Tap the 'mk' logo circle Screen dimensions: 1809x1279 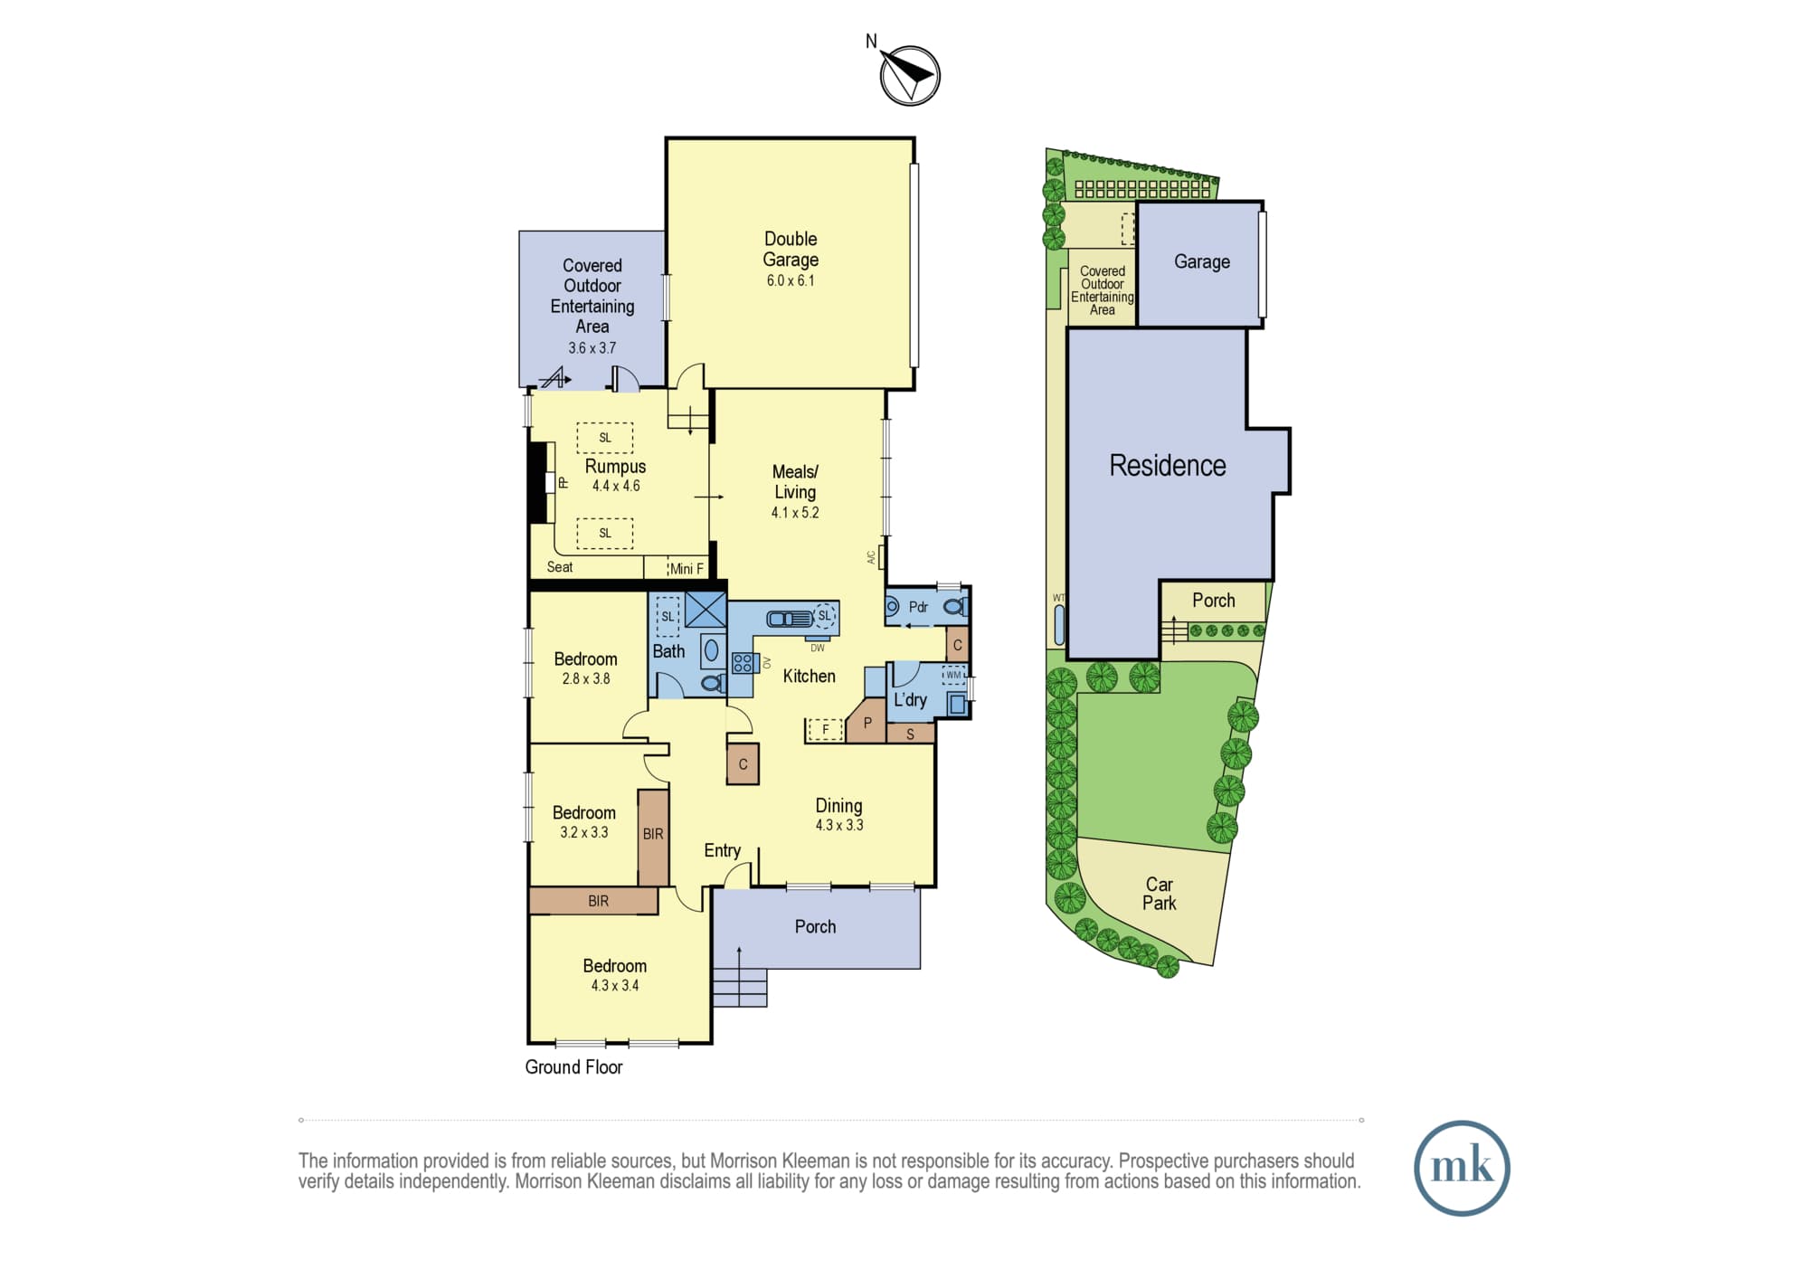pos(1462,1168)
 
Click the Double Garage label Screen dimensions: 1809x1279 pos(791,249)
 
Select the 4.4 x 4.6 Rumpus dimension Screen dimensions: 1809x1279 pos(616,486)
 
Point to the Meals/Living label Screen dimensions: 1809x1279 pos(795,481)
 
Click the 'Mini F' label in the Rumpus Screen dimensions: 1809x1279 pos(687,568)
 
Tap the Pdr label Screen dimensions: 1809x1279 pos(918,607)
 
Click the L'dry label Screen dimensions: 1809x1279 pos(910,699)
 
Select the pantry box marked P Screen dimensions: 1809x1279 pos(867,721)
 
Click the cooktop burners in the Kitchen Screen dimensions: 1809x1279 pos(743,663)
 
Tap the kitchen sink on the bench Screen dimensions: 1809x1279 pos(791,619)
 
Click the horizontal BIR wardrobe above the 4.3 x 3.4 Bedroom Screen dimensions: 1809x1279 pos(593,901)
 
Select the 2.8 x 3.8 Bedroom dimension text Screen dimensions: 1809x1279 pos(586,678)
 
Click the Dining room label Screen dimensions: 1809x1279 pos(838,805)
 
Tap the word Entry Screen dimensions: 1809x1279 pos(722,850)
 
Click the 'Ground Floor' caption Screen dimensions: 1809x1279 pos(573,1067)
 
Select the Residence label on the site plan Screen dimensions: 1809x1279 pos(1168,465)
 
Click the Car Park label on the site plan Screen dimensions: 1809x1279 pos(1160,894)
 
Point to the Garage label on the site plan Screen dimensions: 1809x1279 pos(1202,262)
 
